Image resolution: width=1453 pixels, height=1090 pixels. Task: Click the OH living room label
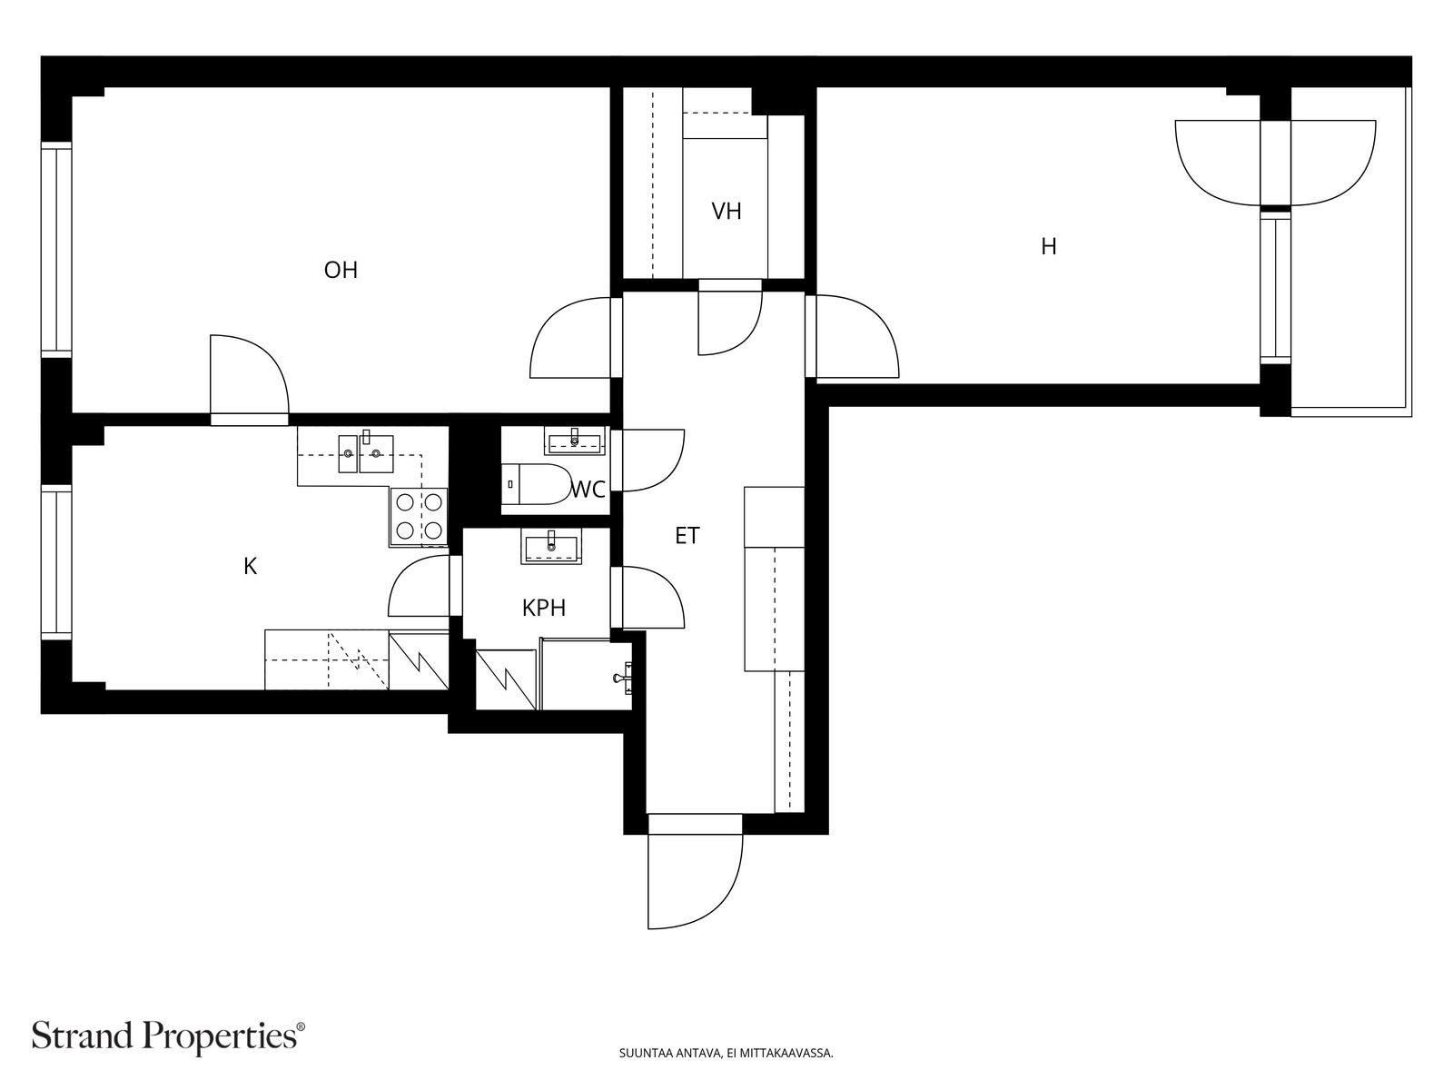tap(341, 270)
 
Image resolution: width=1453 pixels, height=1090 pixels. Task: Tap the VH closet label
tap(726, 212)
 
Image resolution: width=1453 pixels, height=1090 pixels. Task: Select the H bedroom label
tap(1049, 247)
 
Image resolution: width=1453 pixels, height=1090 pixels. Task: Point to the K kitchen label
tap(251, 567)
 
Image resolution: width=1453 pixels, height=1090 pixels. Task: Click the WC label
tap(588, 490)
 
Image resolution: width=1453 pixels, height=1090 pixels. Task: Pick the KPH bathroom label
tap(543, 609)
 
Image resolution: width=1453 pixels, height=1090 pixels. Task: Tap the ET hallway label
tap(687, 536)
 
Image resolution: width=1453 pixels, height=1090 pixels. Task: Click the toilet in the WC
tap(537, 484)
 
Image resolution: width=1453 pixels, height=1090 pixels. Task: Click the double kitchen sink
tap(366, 453)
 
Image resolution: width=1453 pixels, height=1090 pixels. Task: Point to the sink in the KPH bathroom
tap(550, 548)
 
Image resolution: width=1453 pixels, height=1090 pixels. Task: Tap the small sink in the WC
tap(575, 441)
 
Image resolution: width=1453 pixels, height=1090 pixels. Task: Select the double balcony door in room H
tap(1275, 163)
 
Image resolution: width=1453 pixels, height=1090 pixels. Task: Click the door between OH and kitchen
tap(249, 380)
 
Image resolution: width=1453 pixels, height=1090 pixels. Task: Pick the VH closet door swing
tap(730, 318)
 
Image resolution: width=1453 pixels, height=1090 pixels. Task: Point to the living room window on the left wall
tap(56, 250)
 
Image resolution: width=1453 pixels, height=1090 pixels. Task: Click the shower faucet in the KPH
tap(624, 678)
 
